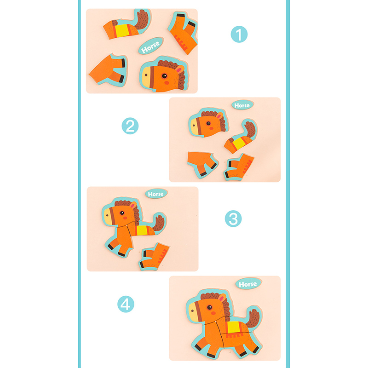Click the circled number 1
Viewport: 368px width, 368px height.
pyautogui.click(x=239, y=34)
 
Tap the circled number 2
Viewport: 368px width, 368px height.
pyautogui.click(x=130, y=126)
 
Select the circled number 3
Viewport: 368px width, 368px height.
pyautogui.click(x=233, y=218)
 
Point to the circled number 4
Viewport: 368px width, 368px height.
pyautogui.click(x=126, y=304)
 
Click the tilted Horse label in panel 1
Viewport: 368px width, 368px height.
pyautogui.click(x=151, y=46)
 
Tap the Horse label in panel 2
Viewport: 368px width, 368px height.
pyautogui.click(x=242, y=105)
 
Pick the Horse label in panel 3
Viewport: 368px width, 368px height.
pyautogui.click(x=156, y=194)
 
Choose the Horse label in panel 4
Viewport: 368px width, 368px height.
pyautogui.click(x=248, y=284)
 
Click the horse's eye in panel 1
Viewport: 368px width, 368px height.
pyautogui.click(x=164, y=76)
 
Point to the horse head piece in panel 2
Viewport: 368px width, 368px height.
pyautogui.click(x=208, y=122)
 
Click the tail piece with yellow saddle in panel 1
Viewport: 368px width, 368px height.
pyautogui.click(x=127, y=24)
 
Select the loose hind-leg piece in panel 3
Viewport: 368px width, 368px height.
pyautogui.click(x=154, y=257)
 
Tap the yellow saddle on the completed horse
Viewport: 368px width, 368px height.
pyautogui.click(x=234, y=327)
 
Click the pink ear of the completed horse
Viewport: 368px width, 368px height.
pyautogui.click(x=222, y=298)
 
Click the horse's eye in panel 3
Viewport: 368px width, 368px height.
pyautogui.click(x=122, y=213)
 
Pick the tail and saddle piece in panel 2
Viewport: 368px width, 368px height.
pyautogui.click(x=241, y=136)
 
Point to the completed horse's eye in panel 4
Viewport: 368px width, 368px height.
pyautogui.click(x=209, y=307)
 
